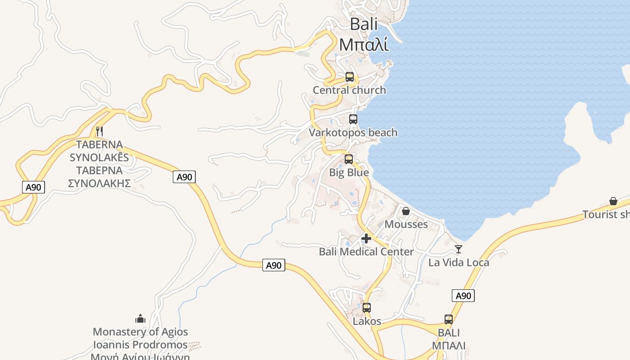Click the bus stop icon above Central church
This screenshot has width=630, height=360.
click(x=350, y=77)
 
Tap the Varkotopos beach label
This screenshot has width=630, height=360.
click(x=353, y=133)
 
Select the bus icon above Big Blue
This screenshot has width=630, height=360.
click(x=349, y=159)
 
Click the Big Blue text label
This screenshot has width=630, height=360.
click(x=349, y=173)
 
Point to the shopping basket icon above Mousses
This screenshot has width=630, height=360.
click(x=406, y=211)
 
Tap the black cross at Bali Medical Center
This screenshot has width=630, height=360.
click(x=366, y=238)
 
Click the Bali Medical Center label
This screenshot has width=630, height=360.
click(x=366, y=252)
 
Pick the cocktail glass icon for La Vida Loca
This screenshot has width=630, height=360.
click(x=459, y=249)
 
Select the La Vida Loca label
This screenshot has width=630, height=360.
click(x=459, y=262)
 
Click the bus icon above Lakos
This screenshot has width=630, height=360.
click(x=367, y=308)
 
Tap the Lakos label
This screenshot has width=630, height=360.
click(x=367, y=321)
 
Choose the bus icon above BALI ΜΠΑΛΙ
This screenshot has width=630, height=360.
click(x=449, y=319)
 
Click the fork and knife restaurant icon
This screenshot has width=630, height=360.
click(x=99, y=131)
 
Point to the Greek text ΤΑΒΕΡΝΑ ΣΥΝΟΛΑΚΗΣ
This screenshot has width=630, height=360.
click(x=99, y=177)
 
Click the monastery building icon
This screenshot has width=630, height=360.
click(x=140, y=319)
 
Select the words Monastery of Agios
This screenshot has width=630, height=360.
click(x=140, y=332)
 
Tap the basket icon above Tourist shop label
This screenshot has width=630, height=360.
click(x=613, y=201)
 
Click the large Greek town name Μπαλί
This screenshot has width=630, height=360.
click(x=364, y=45)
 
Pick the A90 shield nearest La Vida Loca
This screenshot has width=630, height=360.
click(x=463, y=296)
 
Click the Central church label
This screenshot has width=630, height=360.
click(x=349, y=90)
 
